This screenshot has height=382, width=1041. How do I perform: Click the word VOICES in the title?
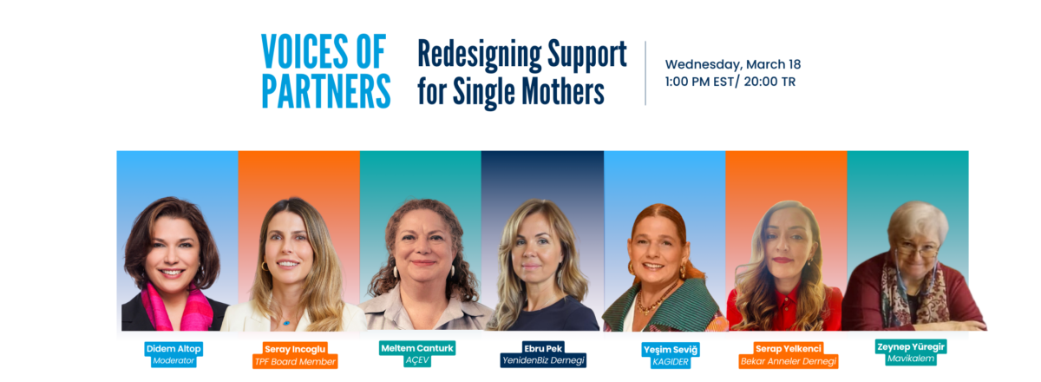[x=304, y=51]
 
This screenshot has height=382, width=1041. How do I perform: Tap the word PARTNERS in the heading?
[x=326, y=91]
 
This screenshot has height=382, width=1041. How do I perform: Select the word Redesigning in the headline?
[x=479, y=56]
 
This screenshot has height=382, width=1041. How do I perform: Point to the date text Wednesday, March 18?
[x=733, y=64]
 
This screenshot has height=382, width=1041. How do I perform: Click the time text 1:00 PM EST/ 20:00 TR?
[x=730, y=82]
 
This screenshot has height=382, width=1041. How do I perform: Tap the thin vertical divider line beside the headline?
[x=645, y=73]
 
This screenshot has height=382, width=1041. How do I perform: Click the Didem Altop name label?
[x=173, y=348]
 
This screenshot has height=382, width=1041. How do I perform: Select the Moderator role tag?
[x=173, y=360]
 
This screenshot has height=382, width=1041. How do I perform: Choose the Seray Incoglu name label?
[x=295, y=349]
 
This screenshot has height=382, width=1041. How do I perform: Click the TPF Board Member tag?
[x=295, y=361]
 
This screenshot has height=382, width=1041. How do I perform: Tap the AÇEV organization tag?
[x=417, y=360]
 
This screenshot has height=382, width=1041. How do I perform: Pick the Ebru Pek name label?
[x=543, y=348]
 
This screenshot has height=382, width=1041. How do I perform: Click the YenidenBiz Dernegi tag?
[x=543, y=360]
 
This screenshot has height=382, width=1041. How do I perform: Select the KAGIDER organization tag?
[x=670, y=362]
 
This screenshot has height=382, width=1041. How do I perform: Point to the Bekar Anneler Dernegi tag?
[x=789, y=361]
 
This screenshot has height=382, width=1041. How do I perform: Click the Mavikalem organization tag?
[x=910, y=359]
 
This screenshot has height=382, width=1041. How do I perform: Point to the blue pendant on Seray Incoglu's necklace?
[x=287, y=322]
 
